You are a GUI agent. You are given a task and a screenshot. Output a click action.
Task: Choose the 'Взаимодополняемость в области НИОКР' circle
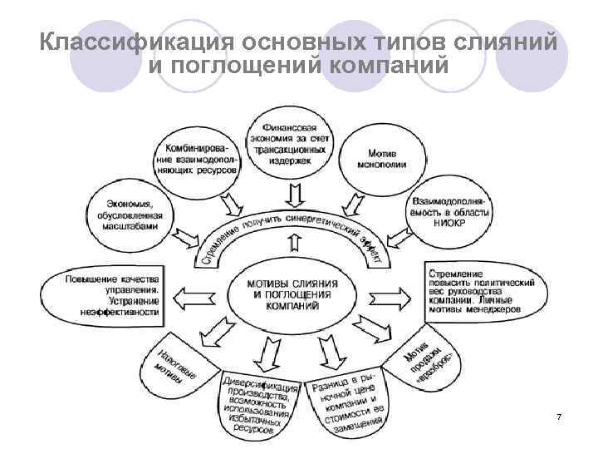(x=449, y=213)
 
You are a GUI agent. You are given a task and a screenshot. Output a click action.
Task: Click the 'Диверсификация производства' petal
(x=259, y=403)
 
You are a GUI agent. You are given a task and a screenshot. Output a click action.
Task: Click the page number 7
(x=559, y=416)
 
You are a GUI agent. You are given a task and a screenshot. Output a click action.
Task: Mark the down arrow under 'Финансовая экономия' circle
(x=292, y=194)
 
